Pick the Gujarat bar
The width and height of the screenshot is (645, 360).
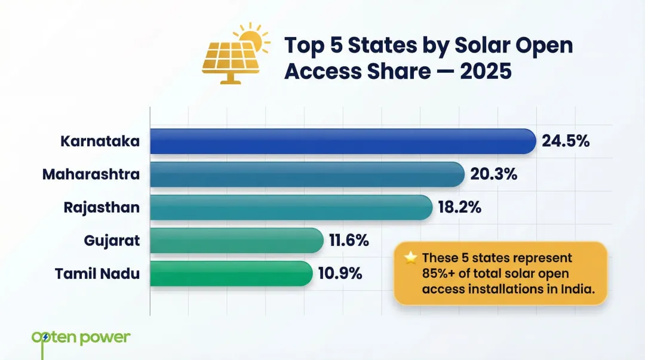coord(236,241)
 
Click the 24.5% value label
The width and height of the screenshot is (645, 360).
coord(566,141)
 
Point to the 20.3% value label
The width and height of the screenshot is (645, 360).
coord(493,174)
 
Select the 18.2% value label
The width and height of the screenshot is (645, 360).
coord(459,208)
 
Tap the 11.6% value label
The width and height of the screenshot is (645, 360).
coord(349,241)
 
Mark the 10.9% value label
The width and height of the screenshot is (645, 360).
coord(340,273)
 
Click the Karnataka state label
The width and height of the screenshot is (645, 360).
coord(100,141)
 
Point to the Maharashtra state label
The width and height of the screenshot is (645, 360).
coord(91,174)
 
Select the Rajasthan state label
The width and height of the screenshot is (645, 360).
coord(102,208)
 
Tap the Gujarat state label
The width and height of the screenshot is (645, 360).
coord(112,241)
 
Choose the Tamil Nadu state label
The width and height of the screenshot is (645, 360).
coord(97,273)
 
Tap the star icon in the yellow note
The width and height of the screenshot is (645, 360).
coord(410,258)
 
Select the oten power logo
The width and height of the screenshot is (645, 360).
coord(80,338)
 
